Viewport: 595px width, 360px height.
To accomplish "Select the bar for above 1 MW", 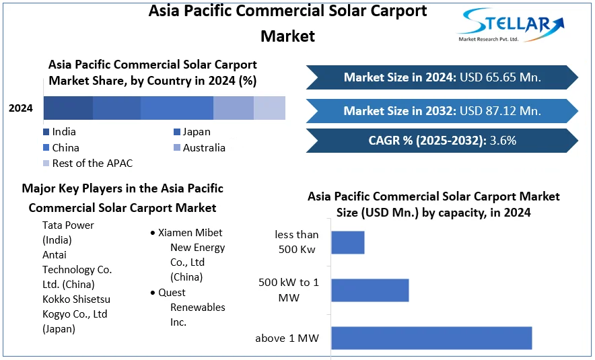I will pyautogui.click(x=431, y=338).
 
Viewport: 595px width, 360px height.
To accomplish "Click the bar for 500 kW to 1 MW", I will pyautogui.click(x=370, y=290).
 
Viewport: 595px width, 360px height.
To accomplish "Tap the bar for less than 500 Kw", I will pyautogui.click(x=347, y=242).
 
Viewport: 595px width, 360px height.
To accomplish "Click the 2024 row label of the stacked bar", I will pyautogui.click(x=21, y=108).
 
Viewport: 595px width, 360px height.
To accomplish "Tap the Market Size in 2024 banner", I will pyautogui.click(x=442, y=77).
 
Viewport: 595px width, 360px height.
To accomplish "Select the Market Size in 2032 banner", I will pyautogui.click(x=442, y=110).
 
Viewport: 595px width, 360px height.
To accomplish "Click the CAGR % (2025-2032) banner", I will pyautogui.click(x=442, y=141).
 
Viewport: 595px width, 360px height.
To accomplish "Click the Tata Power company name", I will pyautogui.click(x=68, y=225).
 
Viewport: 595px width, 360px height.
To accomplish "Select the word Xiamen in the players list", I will pyautogui.click(x=175, y=233).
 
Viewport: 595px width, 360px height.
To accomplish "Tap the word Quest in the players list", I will pyautogui.click(x=172, y=293).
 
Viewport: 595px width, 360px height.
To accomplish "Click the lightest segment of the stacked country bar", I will pyautogui.click(x=269, y=108).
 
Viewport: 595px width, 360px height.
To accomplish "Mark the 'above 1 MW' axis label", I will pyautogui.click(x=287, y=338).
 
